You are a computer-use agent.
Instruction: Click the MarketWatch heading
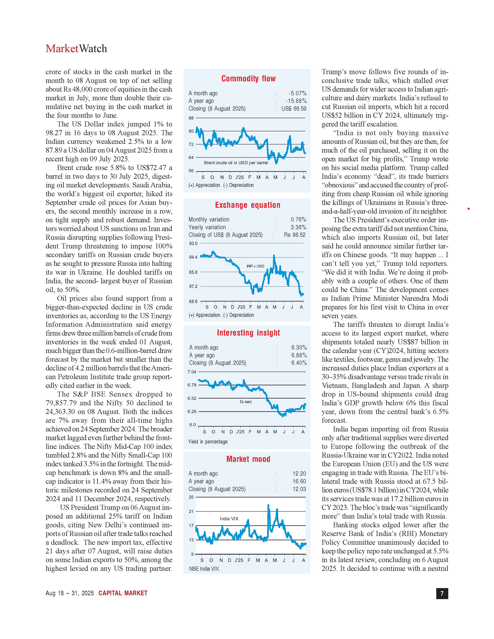pos(76,49)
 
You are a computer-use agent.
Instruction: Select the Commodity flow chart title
pos(249,78)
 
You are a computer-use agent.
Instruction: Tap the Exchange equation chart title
pos(248,205)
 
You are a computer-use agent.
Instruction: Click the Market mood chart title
pos(248,459)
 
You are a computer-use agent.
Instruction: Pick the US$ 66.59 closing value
pos(294,109)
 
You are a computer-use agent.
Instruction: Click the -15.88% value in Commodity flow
pos(296,101)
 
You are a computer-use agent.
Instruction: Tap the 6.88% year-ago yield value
pos(299,355)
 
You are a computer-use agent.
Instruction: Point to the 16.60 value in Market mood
pos(299,481)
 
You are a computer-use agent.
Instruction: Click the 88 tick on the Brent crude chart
pos(191,118)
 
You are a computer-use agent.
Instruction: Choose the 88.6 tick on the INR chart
pos(193,301)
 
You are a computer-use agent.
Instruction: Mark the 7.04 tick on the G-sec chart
pos(192,372)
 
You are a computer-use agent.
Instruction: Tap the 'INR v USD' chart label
pos(255,266)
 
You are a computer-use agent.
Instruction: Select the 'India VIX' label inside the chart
pos(229,519)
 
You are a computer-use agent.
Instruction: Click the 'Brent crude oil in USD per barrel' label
pos(236,163)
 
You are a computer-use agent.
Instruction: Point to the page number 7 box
pos(442,593)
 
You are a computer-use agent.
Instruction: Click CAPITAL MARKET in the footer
pos(123,593)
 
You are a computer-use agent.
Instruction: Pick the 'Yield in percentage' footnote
pos(208,441)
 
